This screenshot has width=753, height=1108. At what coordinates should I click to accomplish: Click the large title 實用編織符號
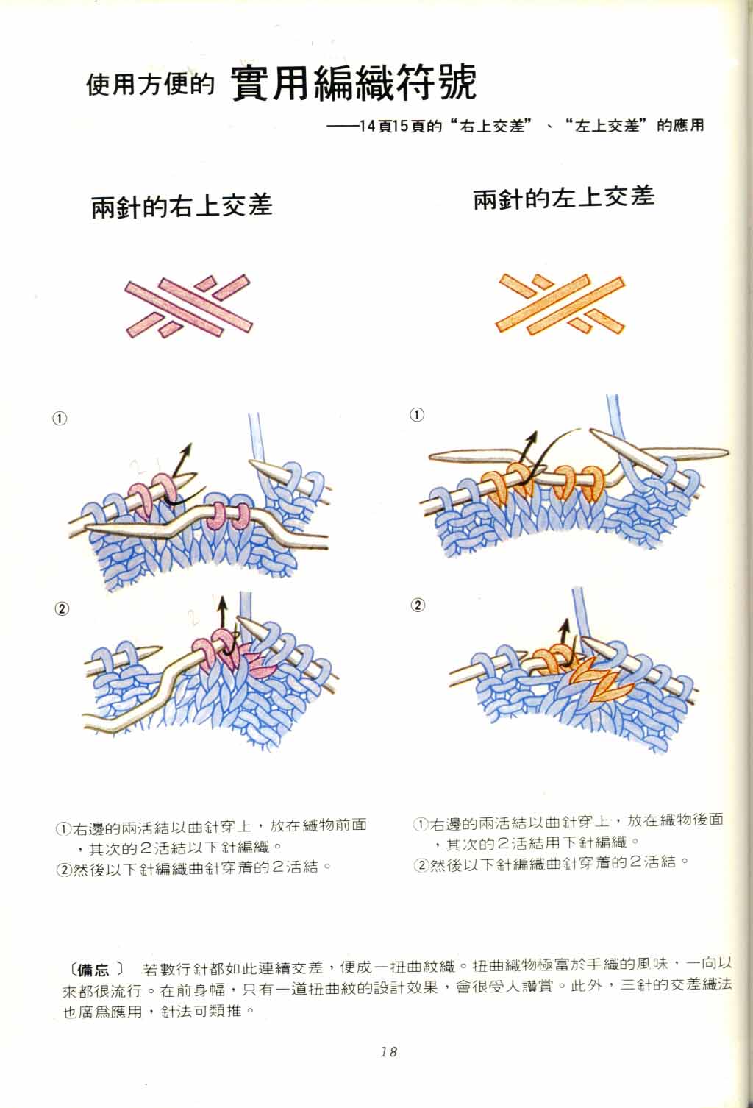(x=354, y=83)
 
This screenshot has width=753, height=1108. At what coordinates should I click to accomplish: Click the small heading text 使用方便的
(x=150, y=84)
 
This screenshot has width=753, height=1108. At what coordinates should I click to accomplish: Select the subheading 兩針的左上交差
(x=563, y=198)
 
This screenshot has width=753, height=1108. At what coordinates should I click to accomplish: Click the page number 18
(x=388, y=1051)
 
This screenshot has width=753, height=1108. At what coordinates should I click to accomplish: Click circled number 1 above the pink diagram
(x=60, y=419)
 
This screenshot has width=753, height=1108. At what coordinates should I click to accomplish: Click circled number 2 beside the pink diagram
(x=62, y=608)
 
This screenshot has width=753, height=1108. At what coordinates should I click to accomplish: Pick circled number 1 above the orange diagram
(x=417, y=414)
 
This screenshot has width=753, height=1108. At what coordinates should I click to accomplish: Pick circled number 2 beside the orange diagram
(x=418, y=605)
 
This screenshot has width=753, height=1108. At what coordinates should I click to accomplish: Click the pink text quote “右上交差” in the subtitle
(x=491, y=126)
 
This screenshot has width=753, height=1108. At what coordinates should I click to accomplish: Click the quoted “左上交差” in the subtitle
(x=606, y=126)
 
